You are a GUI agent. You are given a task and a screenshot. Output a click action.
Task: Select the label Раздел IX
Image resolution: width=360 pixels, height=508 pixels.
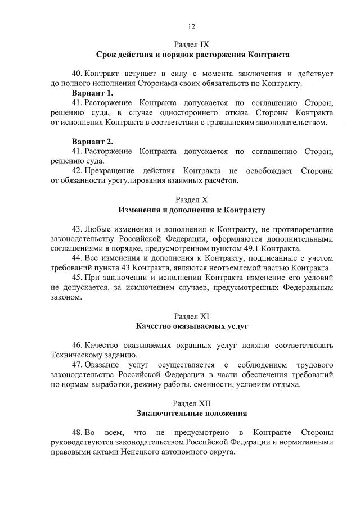point(192,44)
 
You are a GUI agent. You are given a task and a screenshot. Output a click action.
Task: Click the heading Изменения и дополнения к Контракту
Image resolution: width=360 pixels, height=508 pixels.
point(192,210)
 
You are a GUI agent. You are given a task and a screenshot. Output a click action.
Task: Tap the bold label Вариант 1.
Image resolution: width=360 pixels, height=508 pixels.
point(92,93)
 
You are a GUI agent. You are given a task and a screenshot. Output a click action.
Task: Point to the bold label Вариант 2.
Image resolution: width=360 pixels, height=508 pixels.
point(92,142)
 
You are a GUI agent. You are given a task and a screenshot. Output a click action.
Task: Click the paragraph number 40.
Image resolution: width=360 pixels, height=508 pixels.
point(77,74)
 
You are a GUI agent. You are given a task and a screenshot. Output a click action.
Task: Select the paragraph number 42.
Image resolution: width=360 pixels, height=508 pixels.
point(77,171)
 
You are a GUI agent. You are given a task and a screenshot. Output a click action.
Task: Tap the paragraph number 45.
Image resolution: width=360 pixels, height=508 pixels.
point(77,278)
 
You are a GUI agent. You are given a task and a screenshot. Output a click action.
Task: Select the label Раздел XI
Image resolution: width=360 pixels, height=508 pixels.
point(192,316)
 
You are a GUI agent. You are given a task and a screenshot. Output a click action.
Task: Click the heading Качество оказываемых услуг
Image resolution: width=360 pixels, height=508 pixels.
point(192,326)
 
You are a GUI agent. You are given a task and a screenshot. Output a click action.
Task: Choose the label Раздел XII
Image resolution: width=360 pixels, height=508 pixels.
point(192,403)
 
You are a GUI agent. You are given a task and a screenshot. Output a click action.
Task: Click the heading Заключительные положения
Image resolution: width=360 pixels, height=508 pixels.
point(192,414)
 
